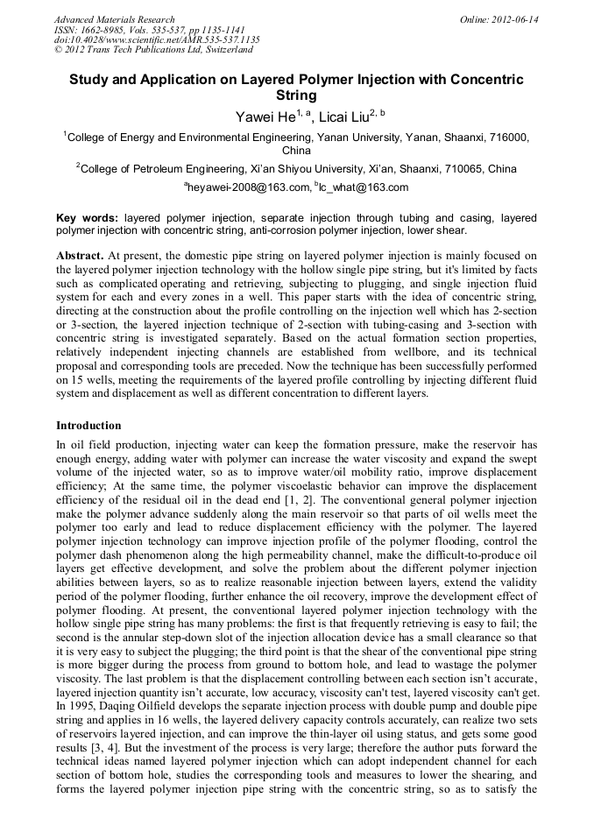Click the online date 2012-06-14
click(514, 19)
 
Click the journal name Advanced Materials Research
click(114, 19)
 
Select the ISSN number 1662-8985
click(102, 30)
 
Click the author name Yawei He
click(265, 116)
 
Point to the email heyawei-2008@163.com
click(249, 187)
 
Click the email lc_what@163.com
click(365, 187)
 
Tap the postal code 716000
click(506, 138)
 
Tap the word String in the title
click(296, 95)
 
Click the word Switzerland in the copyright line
click(223, 50)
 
